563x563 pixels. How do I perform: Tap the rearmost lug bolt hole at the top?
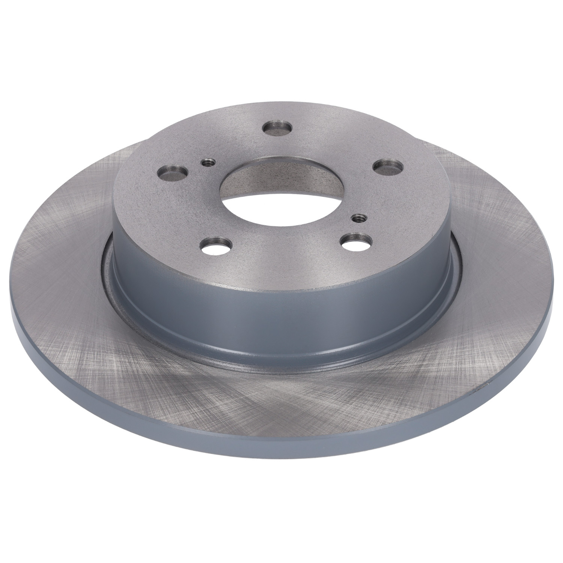coord(278,128)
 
